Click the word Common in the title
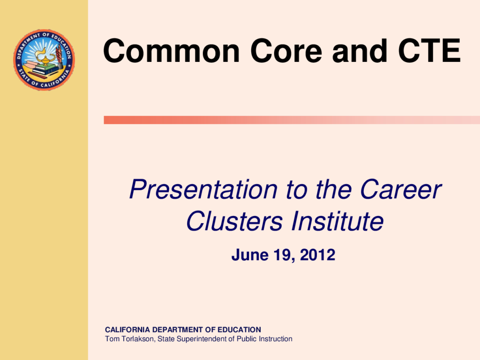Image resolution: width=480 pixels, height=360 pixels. [172, 51]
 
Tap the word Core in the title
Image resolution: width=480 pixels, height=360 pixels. [286, 51]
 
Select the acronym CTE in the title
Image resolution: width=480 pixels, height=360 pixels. [429, 51]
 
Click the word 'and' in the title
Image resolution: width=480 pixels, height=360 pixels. [360, 51]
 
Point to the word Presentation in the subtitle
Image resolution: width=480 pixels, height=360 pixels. [203, 189]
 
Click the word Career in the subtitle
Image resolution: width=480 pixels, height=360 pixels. [401, 189]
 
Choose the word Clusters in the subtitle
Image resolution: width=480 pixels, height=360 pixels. [234, 221]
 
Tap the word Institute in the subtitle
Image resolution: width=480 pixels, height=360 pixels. [337, 221]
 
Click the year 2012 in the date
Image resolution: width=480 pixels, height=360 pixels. [317, 255]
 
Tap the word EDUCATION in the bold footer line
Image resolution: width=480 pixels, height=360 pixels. [239, 330]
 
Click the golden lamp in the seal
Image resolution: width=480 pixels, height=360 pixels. [45, 58]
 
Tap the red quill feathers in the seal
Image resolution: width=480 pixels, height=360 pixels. [59, 52]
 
